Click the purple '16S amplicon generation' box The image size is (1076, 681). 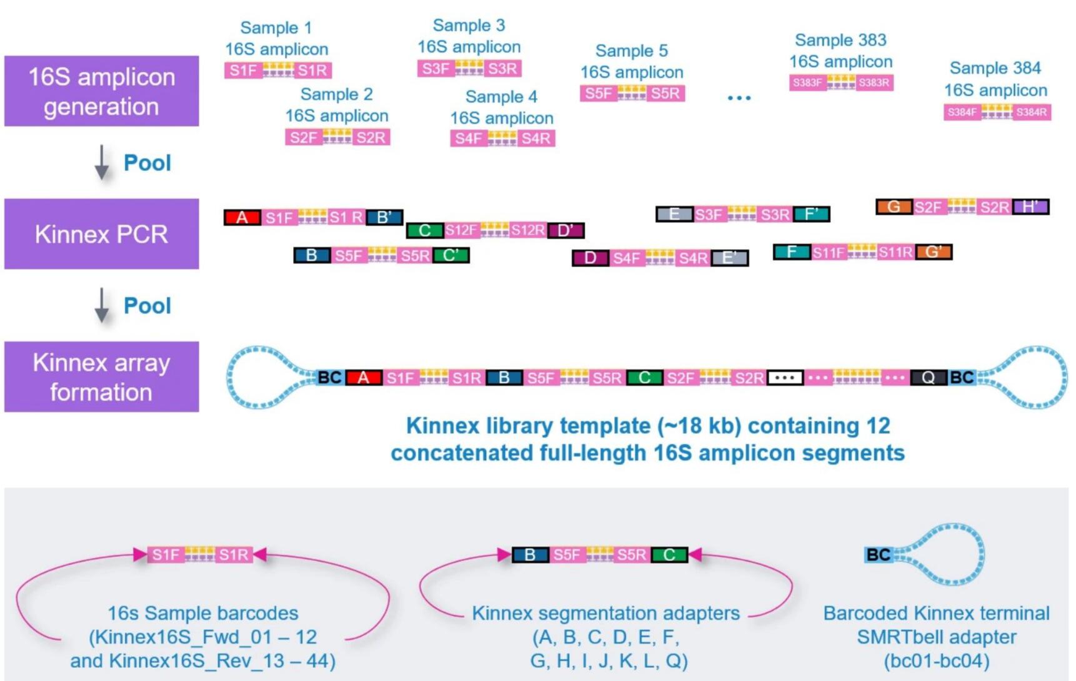pyautogui.click(x=101, y=91)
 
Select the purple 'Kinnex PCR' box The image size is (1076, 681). pyautogui.click(x=101, y=234)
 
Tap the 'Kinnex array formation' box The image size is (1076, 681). pyautogui.click(x=101, y=376)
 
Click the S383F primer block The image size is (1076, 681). pyautogui.click(x=807, y=82)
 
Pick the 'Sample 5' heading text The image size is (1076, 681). pyautogui.click(x=631, y=51)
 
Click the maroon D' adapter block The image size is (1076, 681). pyautogui.click(x=565, y=230)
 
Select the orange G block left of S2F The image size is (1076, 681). pyautogui.click(x=894, y=207)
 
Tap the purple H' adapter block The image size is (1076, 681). pyautogui.click(x=1030, y=207)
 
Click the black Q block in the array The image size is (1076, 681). pyautogui.click(x=928, y=378)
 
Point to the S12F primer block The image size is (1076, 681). pyautogui.click(x=461, y=230)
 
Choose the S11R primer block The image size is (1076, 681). pyautogui.click(x=895, y=252)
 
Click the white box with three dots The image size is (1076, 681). pyautogui.click(x=785, y=378)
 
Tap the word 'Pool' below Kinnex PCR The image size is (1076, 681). pyautogui.click(x=147, y=306)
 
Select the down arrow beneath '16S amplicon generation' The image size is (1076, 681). pyautogui.click(x=101, y=163)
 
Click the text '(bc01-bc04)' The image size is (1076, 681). pyautogui.click(x=936, y=660)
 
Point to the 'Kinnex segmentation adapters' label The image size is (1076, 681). pyautogui.click(x=605, y=613)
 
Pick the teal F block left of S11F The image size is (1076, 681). pyautogui.click(x=792, y=252)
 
